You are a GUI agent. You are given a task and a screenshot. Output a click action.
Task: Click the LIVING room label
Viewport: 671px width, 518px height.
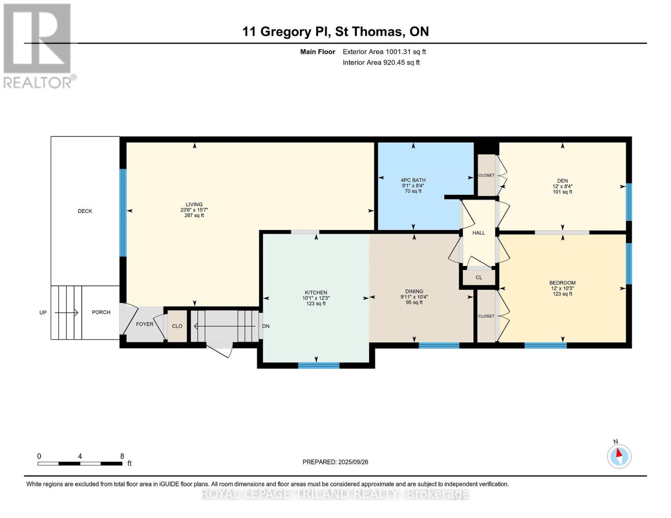click(x=194, y=204)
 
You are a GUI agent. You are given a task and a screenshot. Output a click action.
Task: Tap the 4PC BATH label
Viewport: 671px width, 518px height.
click(x=413, y=180)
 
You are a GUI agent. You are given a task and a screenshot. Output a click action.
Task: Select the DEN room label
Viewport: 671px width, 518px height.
click(x=562, y=181)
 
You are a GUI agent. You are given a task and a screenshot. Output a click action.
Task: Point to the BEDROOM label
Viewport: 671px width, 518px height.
click(x=562, y=283)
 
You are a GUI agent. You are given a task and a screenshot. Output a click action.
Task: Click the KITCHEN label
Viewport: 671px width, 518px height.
click(x=316, y=293)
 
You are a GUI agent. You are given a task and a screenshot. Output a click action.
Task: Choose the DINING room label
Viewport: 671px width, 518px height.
click(x=414, y=291)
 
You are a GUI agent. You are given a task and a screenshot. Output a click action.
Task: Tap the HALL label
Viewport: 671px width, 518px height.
click(x=479, y=233)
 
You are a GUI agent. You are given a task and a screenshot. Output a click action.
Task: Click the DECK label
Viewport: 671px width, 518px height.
click(x=85, y=211)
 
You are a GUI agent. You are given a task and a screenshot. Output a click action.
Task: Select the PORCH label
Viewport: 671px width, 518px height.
click(x=101, y=312)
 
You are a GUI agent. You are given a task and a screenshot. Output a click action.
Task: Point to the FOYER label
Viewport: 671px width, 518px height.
click(x=144, y=324)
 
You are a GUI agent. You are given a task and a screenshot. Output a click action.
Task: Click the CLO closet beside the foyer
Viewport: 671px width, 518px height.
click(x=177, y=326)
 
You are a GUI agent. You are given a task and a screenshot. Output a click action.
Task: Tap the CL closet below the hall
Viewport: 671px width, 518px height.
click(x=479, y=278)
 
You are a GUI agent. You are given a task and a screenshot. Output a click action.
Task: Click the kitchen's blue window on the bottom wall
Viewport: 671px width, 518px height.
click(x=319, y=366)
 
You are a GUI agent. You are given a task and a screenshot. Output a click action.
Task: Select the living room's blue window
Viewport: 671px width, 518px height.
click(x=123, y=212)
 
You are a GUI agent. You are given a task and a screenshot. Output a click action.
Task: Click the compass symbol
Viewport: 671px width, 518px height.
click(x=619, y=457)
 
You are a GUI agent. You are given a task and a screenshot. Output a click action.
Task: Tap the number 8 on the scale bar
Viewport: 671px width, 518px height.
click(x=122, y=456)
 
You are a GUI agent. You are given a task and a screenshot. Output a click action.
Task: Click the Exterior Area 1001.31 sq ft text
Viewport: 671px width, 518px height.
click(x=384, y=52)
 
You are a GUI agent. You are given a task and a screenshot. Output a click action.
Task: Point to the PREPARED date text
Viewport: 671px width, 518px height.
click(x=335, y=462)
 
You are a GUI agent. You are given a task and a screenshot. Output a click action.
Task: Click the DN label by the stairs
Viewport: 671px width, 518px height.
click(x=266, y=326)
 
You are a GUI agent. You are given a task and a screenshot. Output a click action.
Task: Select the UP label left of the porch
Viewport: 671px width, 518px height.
click(x=43, y=313)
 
